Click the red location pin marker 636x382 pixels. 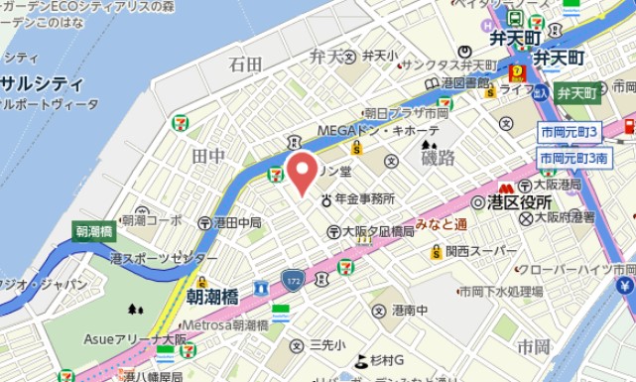tap(302, 174)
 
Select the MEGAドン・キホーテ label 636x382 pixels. tap(378, 131)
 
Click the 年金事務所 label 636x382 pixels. tap(366, 199)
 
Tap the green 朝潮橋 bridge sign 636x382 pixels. tap(94, 231)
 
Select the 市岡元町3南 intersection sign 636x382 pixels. tap(574, 158)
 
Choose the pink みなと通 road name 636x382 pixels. tap(442, 225)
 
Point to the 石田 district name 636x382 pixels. tap(245, 64)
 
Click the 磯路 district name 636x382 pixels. tap(438, 158)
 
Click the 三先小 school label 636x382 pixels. tap(327, 344)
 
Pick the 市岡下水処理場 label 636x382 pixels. tap(499, 292)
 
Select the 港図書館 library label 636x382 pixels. tap(466, 82)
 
